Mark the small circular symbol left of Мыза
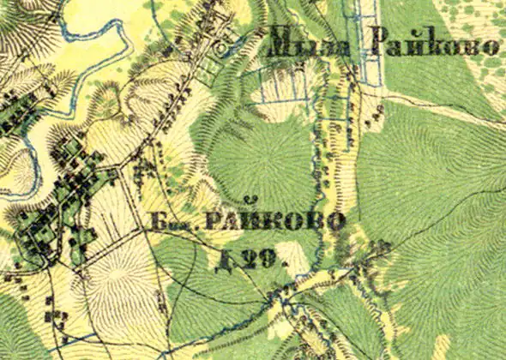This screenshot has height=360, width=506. [224, 49]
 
